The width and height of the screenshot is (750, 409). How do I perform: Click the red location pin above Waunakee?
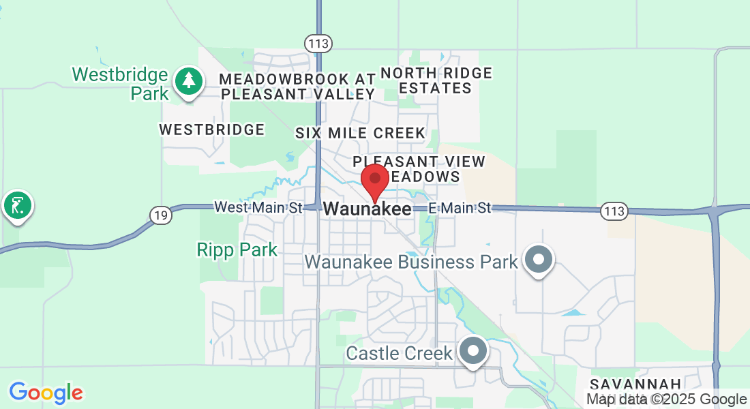pos(374,179)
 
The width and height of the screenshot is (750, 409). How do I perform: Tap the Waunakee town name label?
pos(367,209)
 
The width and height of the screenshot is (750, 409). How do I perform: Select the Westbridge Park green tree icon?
pos(188,81)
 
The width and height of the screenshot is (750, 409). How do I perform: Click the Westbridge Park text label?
pos(121,83)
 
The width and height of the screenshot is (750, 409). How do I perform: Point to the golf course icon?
pos(17,204)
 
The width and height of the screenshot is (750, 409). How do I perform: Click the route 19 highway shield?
pos(160,215)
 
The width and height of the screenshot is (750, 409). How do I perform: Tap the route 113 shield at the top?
pos(319,44)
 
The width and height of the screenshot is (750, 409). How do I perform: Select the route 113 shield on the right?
pos(614,211)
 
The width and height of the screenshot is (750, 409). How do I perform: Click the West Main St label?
pos(258,207)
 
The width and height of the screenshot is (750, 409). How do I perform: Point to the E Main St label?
pos(460,207)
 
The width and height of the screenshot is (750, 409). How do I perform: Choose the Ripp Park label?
pos(237,250)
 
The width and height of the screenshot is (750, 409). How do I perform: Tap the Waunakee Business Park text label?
pos(410,262)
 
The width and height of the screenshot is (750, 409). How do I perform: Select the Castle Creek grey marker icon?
pos(474,352)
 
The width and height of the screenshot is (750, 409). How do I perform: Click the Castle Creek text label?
pos(399,353)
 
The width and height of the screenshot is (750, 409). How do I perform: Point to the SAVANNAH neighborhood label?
pos(635,384)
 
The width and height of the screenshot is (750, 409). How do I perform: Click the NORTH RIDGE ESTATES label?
pos(436,80)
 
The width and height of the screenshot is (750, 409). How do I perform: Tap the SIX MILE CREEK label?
pos(360,133)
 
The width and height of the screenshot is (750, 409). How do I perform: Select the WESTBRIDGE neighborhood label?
pos(211,129)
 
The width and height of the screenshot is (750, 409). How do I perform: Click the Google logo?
pos(46,393)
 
